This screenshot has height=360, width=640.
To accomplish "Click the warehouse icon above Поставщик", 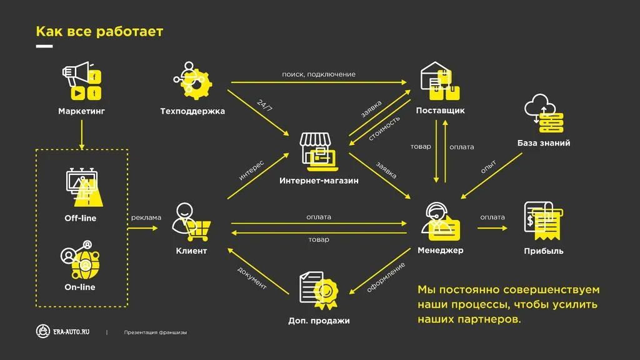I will pos(440,81).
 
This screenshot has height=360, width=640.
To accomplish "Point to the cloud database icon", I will pos(542,114).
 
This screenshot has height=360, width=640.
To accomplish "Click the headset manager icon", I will pos(442,221).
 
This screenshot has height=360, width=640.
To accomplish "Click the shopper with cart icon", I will pos(191,222).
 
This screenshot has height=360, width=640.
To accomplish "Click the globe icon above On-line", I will pos(80,261).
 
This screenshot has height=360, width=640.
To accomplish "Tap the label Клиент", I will pos(191,251).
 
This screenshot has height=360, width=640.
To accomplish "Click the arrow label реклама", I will pos(146,217).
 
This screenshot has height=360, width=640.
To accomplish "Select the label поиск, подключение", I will pos(319,74).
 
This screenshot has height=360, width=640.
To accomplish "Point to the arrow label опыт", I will pos(488,167).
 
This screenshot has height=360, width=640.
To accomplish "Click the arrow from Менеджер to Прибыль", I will pos(492,228).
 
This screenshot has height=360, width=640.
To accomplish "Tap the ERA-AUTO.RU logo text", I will pos(71,332).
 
